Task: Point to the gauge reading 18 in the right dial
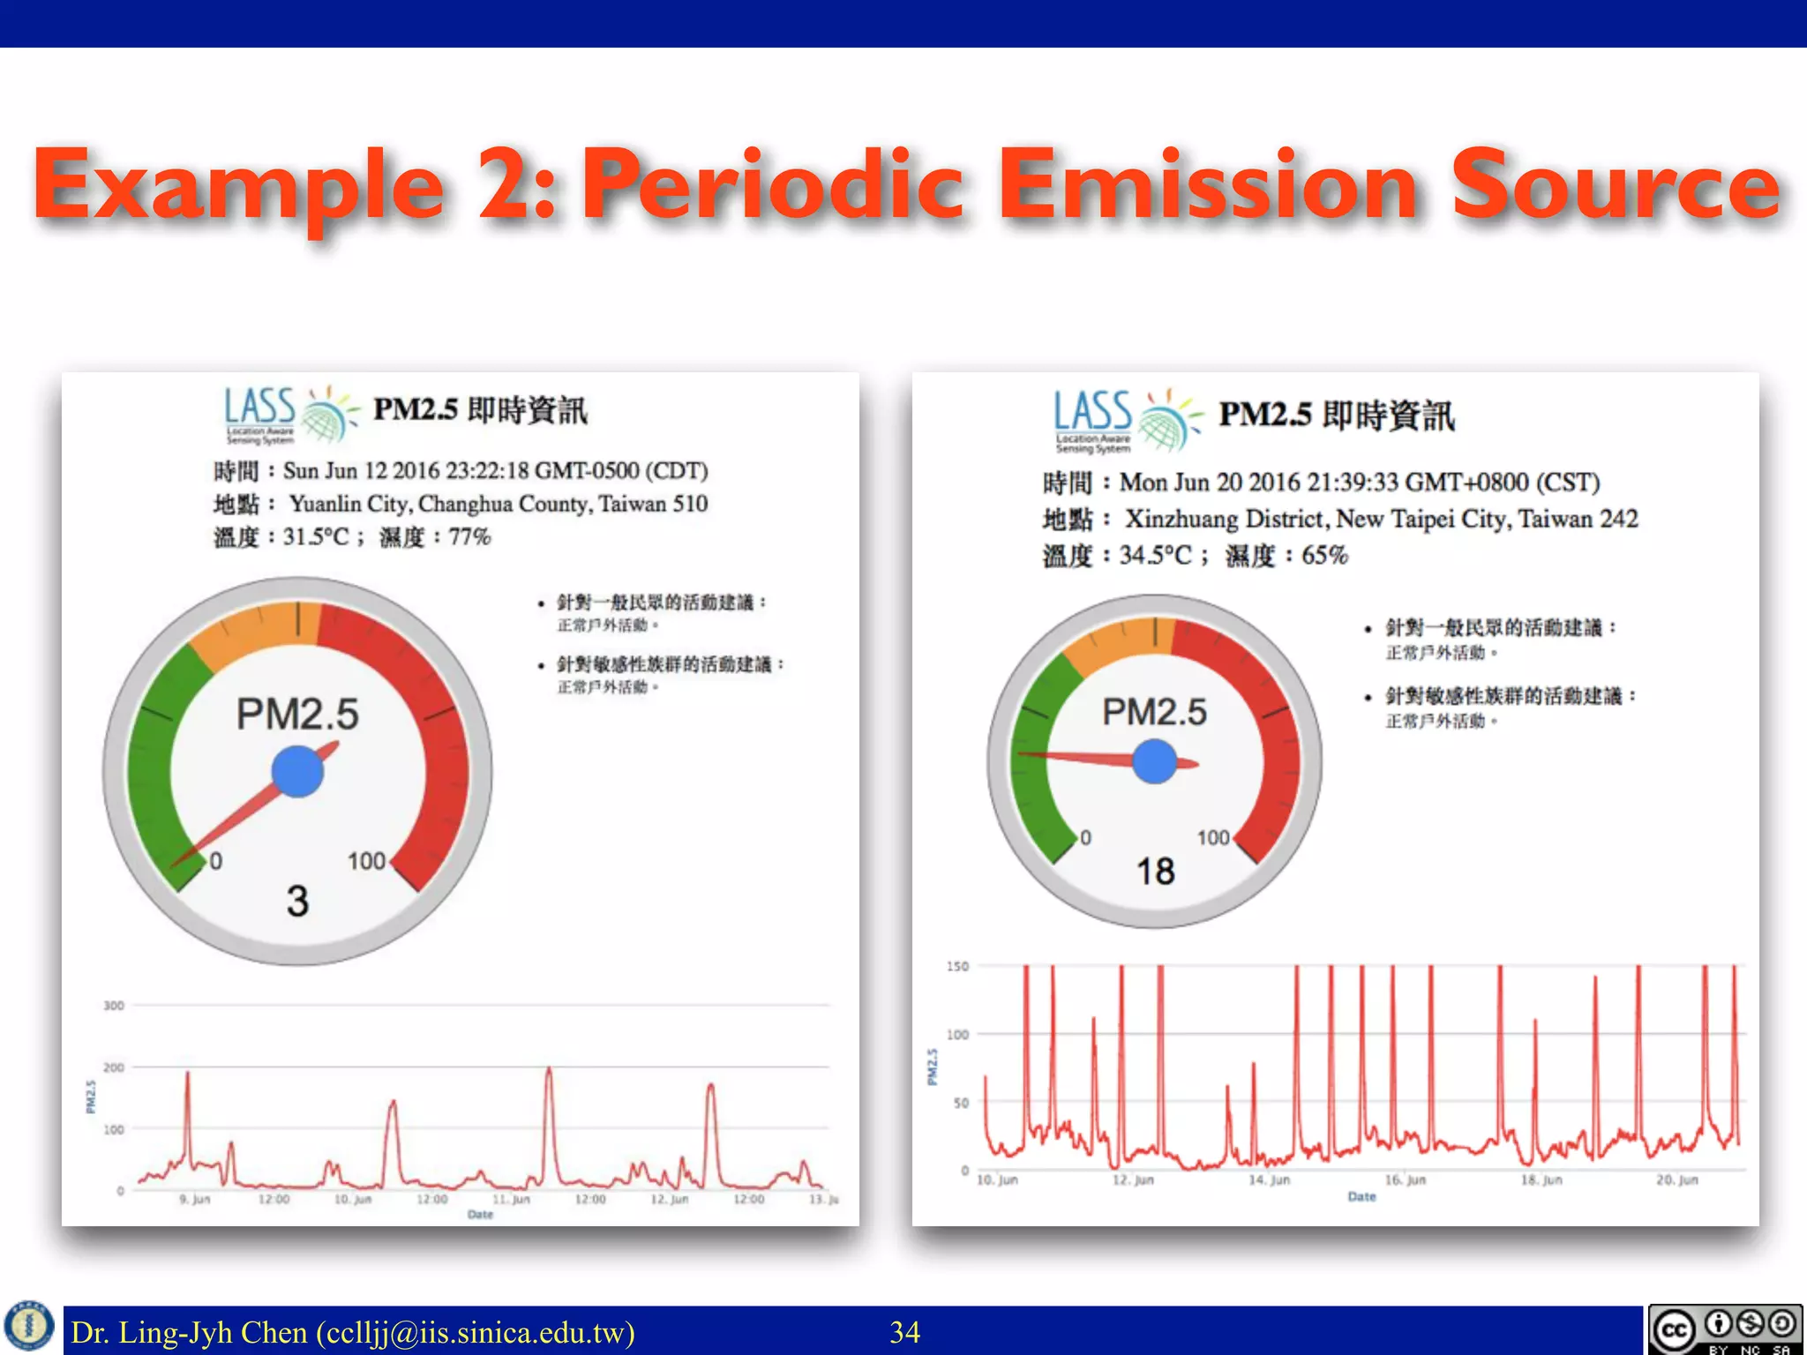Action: [1155, 872]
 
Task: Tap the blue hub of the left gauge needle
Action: [297, 771]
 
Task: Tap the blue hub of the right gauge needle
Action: [1154, 760]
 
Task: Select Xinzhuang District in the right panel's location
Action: [1226, 519]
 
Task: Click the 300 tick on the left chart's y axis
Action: [114, 1006]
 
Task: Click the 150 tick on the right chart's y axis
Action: [957, 967]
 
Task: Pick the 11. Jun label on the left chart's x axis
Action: [512, 1200]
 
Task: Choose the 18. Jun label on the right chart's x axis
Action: [1541, 1180]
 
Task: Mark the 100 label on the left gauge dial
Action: [366, 861]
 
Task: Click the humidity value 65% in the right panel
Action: [1324, 556]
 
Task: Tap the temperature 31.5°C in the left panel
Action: [316, 536]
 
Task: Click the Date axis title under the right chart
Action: [1361, 1197]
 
